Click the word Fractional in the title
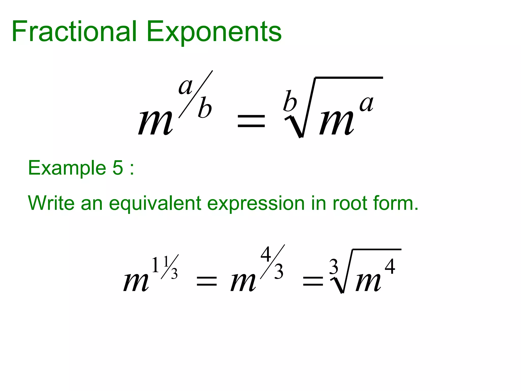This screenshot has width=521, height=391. [x=74, y=32]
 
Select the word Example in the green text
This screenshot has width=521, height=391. [x=67, y=168]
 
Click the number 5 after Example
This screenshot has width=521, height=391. [x=118, y=168]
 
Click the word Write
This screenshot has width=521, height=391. [x=51, y=203]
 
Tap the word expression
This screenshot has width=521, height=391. [x=256, y=204]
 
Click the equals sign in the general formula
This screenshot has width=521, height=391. [x=251, y=121]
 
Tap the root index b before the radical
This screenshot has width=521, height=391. [x=290, y=101]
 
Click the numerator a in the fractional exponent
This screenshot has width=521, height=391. [x=185, y=87]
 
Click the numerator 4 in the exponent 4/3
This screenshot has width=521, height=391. [x=266, y=254]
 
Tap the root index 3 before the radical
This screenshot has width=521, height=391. [x=334, y=267]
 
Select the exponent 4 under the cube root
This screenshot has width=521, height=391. [x=390, y=267]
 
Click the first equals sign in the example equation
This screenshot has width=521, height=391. [x=207, y=281]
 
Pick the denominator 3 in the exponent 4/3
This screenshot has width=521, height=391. [x=279, y=272]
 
